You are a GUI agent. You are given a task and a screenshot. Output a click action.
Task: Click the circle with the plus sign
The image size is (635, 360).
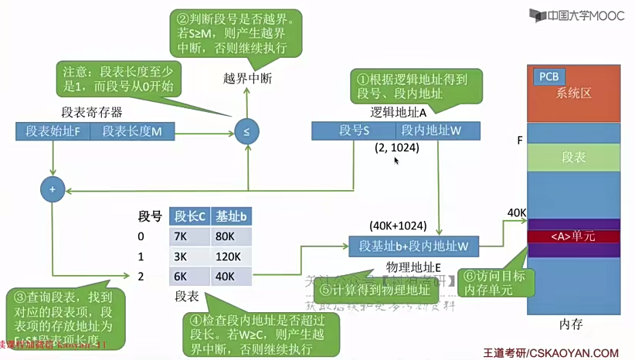tap(53, 188)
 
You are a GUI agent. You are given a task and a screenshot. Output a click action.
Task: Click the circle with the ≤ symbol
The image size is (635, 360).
tap(246, 131)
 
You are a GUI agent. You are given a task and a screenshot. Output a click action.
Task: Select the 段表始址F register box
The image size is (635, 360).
tap(53, 131)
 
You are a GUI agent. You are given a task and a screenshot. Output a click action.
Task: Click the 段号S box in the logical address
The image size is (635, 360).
tap(355, 131)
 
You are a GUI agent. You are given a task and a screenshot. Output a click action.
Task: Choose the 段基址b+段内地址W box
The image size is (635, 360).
tap(414, 246)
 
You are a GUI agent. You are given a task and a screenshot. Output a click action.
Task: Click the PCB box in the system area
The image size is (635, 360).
tap(548, 76)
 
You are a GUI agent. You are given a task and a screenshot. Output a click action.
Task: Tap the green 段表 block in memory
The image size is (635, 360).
tap(573, 158)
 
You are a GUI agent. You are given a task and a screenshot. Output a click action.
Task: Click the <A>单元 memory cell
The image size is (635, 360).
tap(573, 236)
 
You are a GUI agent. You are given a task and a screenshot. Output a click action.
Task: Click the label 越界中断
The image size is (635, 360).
tap(247, 79)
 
